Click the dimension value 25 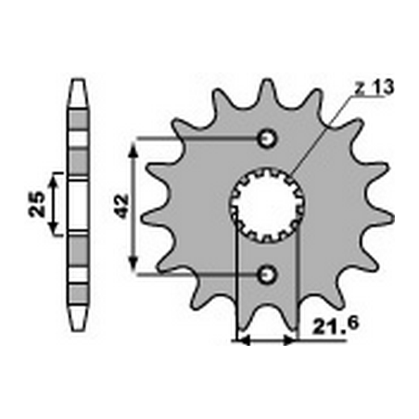(34, 204)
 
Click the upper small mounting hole (268, 139)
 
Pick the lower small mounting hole (268, 273)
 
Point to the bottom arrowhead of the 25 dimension (56, 229)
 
